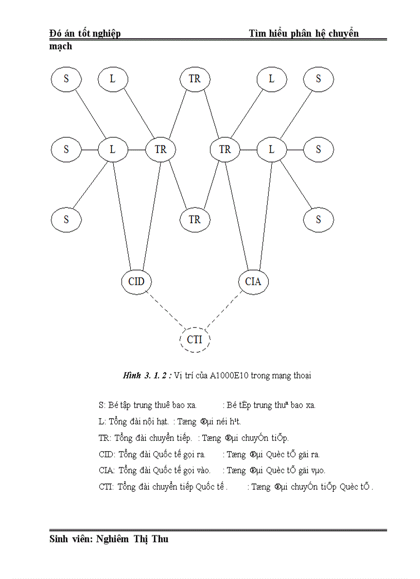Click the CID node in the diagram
pos(136,282)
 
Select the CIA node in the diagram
pos(253,282)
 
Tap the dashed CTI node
pos(195,340)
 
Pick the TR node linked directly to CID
pos(161,150)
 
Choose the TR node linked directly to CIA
pos(225,150)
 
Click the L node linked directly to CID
pos(113,150)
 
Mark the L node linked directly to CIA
pos(272,150)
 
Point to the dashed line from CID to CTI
pos(165,310)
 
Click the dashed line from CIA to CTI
pos(224,310)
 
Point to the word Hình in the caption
pos(131,376)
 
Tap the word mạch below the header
pos(61,46)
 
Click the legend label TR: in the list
pos(105,438)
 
